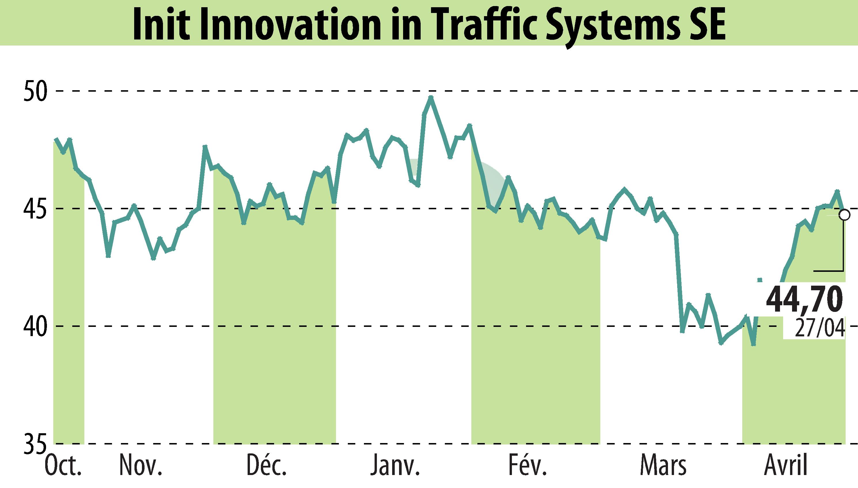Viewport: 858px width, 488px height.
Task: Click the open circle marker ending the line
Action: pyautogui.click(x=844, y=215)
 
